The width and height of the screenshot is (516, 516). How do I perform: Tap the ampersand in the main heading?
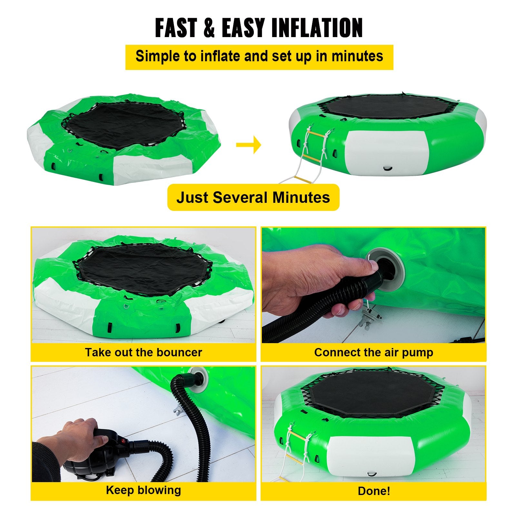[210, 28]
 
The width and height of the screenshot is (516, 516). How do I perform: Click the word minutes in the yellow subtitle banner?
[357, 56]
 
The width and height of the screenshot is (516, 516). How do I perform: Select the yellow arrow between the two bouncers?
[248, 145]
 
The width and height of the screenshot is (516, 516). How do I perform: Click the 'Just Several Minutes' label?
[253, 197]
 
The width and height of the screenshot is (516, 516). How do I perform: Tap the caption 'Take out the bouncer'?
[144, 352]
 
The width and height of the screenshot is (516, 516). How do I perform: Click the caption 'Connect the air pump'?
[374, 352]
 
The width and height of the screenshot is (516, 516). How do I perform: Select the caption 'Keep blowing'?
[144, 490]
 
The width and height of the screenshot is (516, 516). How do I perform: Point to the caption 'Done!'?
[374, 491]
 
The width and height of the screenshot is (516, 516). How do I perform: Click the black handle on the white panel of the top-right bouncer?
[388, 168]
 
